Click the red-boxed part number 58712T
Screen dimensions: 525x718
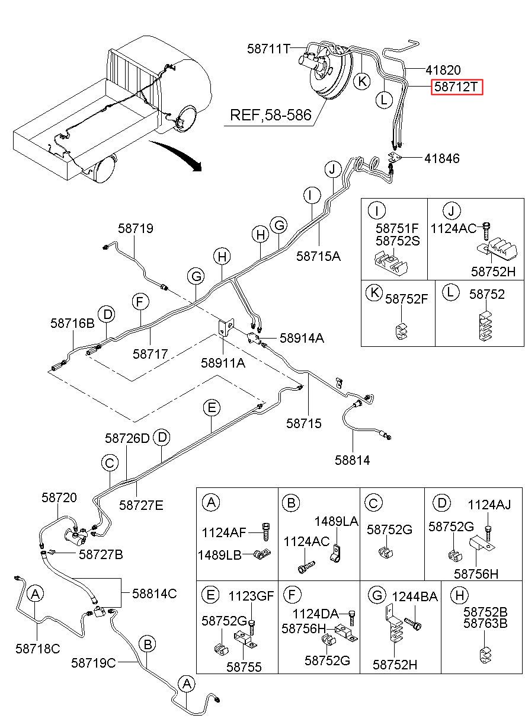456,87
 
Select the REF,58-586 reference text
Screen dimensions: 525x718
271,115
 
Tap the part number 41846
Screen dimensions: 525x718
442,158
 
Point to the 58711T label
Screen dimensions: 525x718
268,49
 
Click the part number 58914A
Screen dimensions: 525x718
302,338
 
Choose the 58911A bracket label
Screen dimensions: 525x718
223,363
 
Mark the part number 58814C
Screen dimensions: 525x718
155,593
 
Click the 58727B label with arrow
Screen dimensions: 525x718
101,554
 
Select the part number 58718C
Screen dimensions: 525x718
37,649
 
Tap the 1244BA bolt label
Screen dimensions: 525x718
415,596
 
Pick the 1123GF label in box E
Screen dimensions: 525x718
251,596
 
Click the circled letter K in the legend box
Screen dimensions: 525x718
374,293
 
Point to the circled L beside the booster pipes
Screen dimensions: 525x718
384,100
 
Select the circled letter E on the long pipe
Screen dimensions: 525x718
212,408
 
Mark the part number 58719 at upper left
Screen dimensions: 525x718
136,228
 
